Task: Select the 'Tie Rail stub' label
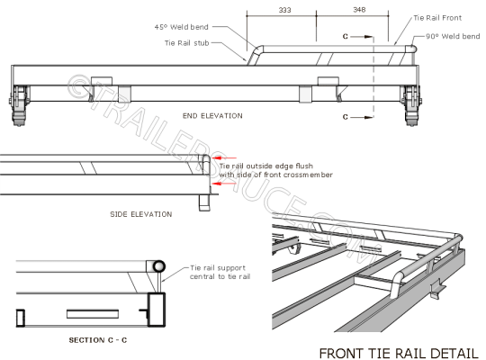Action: [x=188, y=42]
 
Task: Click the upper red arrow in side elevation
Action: [x=226, y=155]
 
